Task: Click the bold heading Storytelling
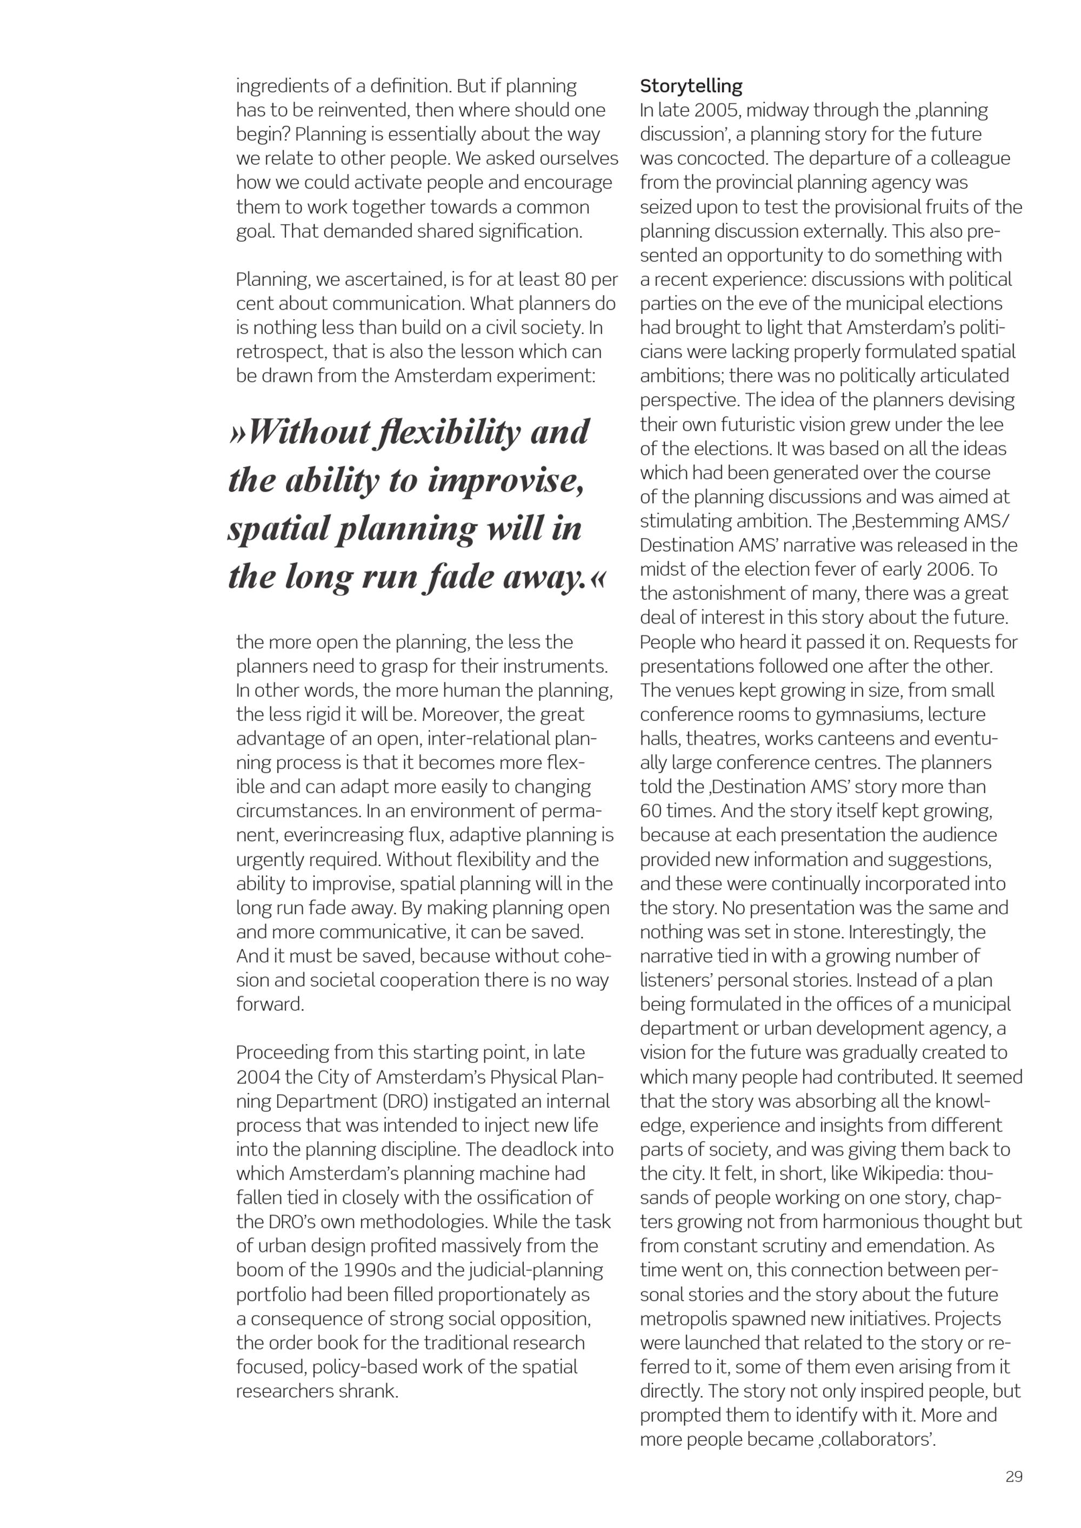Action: point(691,86)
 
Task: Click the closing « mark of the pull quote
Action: point(598,577)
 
